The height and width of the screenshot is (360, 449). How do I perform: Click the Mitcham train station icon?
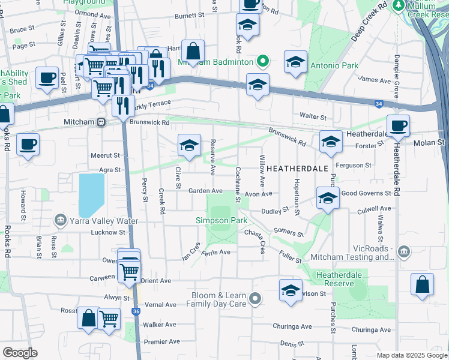click(101, 122)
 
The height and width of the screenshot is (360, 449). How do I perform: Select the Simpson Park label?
click(221, 221)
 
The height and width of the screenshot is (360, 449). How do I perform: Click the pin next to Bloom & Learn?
click(255, 298)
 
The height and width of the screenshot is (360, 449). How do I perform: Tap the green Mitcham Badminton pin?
click(262, 61)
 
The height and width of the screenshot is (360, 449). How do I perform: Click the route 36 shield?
click(135, 311)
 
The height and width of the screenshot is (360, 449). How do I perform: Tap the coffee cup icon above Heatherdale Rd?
click(398, 126)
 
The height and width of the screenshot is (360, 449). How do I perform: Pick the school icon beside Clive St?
click(189, 146)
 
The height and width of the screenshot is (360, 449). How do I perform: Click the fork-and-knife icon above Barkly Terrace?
click(123, 106)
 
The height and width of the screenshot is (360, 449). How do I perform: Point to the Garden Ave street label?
click(206, 191)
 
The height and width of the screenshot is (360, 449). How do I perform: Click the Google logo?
click(20, 352)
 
